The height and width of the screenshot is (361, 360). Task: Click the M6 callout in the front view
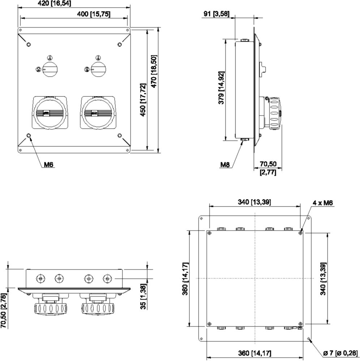click(x=49, y=164)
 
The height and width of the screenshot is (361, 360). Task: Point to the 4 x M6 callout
click(x=323, y=203)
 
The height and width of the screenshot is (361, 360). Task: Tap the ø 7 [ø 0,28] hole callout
click(x=340, y=353)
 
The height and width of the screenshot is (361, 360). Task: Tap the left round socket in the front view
click(x=50, y=113)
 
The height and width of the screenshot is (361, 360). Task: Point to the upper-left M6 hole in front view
click(x=29, y=44)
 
